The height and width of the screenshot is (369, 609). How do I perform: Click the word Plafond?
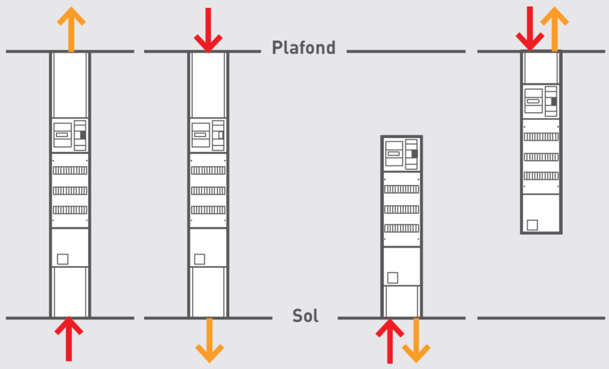(x=304, y=48)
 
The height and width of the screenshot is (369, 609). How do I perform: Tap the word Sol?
(x=305, y=316)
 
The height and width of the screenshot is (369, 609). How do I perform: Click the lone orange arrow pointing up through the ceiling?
(x=71, y=29)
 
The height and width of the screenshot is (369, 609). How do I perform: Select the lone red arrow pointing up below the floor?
(x=69, y=339)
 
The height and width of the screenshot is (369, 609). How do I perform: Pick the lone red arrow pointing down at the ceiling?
(x=208, y=30)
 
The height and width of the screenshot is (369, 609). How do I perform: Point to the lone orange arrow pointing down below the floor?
(x=209, y=340)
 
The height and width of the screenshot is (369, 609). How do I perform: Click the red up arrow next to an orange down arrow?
(x=390, y=340)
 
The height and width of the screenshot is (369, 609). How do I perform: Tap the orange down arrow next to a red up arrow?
(x=416, y=340)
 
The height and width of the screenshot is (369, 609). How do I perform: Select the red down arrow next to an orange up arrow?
(x=530, y=29)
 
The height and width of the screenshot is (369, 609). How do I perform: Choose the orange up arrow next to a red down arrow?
(x=554, y=29)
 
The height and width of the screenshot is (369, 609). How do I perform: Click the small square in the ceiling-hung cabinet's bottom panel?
(x=532, y=225)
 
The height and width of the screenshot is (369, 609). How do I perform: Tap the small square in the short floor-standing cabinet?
(x=393, y=278)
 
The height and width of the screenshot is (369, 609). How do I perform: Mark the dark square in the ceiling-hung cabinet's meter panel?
(x=554, y=101)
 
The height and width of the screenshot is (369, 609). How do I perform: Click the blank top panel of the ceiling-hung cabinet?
(x=541, y=68)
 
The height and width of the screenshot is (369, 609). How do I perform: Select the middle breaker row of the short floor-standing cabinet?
(x=402, y=209)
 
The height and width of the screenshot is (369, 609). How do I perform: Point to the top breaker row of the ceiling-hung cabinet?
(x=541, y=137)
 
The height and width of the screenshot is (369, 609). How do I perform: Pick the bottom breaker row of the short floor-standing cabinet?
(x=402, y=228)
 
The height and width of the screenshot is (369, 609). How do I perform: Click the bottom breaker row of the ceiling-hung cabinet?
(x=541, y=176)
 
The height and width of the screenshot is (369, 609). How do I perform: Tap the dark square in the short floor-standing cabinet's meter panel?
(x=414, y=154)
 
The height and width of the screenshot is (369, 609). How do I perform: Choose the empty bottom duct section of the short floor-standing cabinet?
(x=402, y=302)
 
